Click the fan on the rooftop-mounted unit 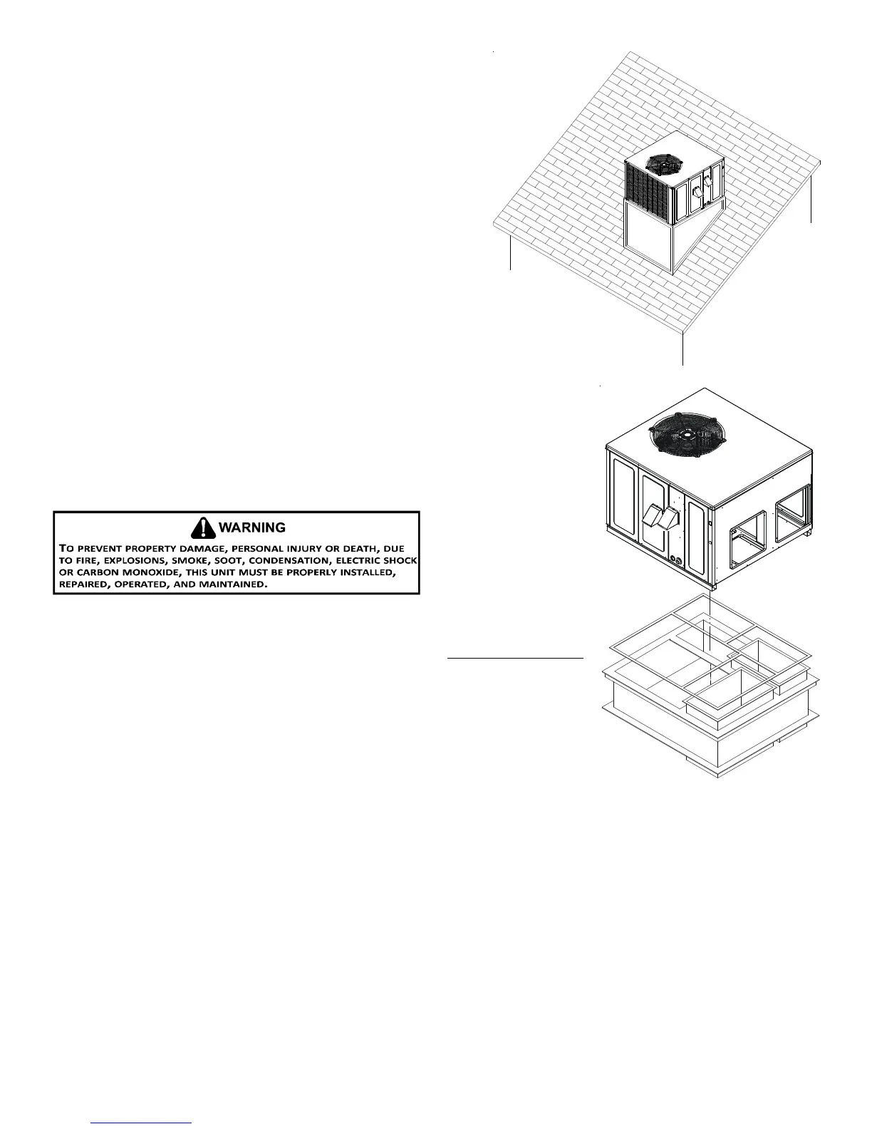(663, 163)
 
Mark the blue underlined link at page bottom (142, 1123)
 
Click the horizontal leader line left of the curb (515, 658)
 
